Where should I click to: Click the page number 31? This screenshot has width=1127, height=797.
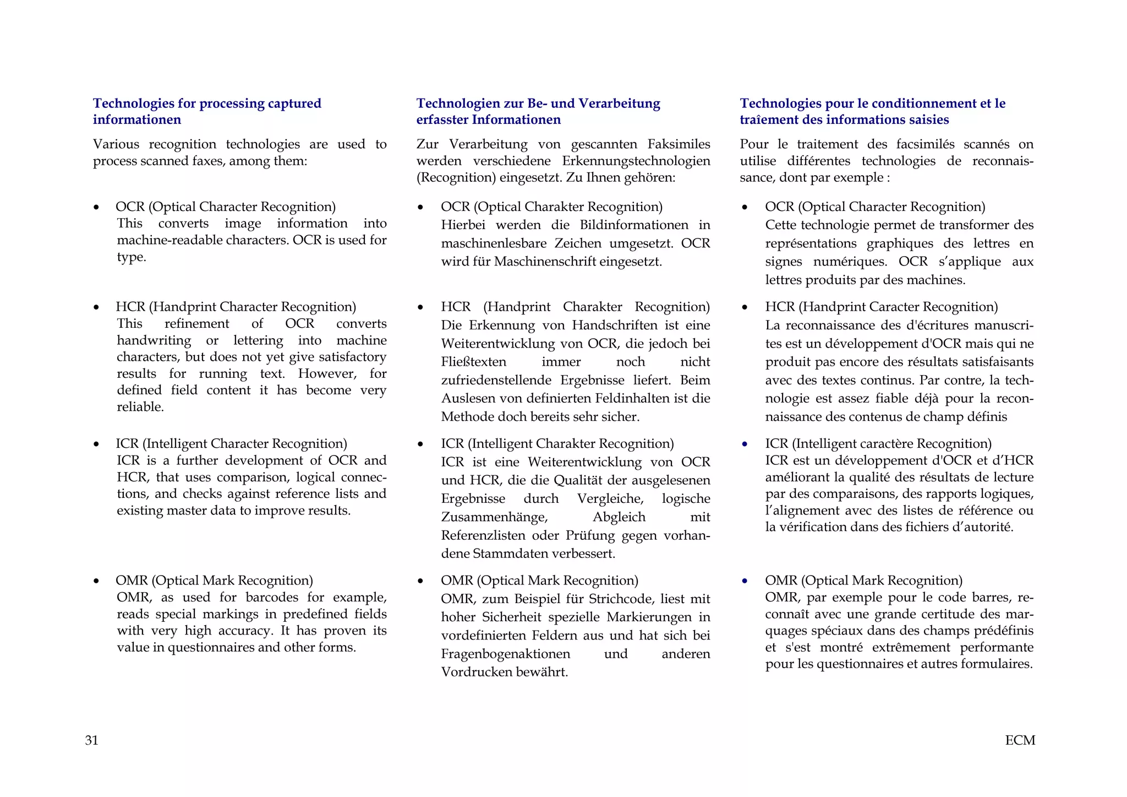tap(91, 740)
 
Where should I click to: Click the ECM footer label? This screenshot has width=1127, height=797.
tap(1020, 740)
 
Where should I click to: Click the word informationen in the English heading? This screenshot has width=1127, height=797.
tap(136, 120)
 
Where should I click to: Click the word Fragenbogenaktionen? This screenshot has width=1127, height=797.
tap(505, 654)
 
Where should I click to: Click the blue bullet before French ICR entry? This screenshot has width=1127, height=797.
tap(745, 444)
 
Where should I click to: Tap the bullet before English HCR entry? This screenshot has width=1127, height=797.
tap(96, 307)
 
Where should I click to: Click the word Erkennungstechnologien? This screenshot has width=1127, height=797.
tap(636, 161)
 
